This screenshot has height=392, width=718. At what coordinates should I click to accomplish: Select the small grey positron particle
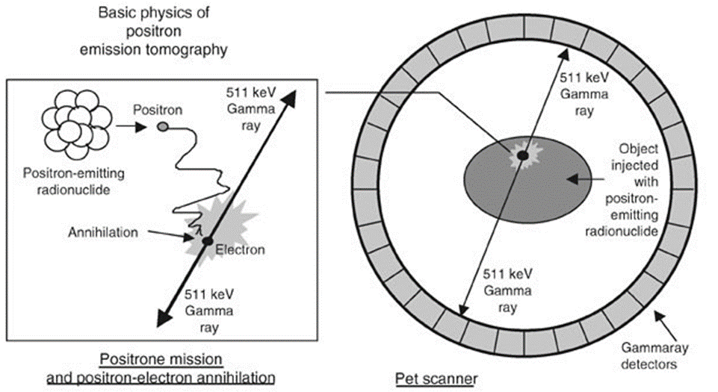click(162, 127)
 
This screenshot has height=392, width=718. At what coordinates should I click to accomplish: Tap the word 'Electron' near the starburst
click(240, 249)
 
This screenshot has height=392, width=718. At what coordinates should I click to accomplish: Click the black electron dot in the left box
click(207, 241)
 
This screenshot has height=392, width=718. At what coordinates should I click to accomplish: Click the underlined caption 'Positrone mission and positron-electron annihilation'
click(161, 368)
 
